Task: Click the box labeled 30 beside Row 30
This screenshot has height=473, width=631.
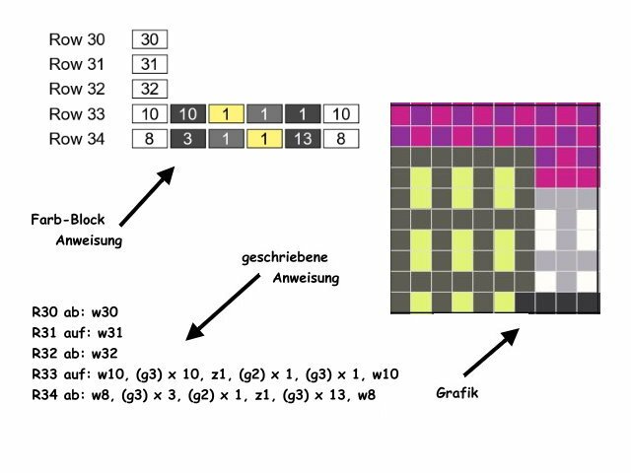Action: [149, 39]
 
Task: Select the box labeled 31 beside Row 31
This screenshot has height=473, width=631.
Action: [149, 64]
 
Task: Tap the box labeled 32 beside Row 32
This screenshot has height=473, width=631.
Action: [149, 89]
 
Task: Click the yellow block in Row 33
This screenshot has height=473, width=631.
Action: [226, 114]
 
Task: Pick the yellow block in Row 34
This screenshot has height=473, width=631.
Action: [263, 139]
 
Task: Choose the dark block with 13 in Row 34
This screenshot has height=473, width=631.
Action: [302, 139]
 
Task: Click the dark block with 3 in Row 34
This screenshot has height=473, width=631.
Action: [187, 139]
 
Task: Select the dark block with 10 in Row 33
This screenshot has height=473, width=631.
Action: [187, 114]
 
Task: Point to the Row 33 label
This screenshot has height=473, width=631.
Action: [76, 114]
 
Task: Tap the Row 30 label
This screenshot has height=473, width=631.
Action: [76, 39]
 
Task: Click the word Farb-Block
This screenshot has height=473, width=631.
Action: [68, 220]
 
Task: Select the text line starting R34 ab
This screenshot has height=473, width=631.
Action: [203, 395]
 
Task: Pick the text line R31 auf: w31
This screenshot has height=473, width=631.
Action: [79, 332]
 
